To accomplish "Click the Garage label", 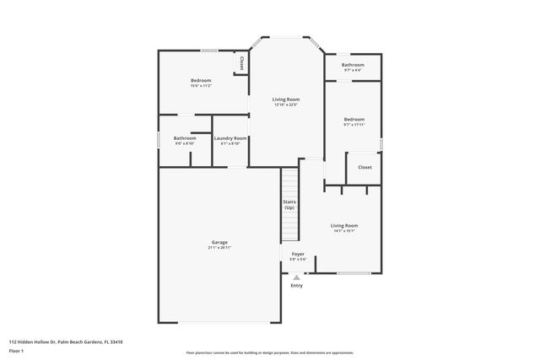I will [x=219, y=242].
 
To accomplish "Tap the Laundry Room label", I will [x=230, y=138].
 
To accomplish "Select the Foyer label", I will [x=298, y=254].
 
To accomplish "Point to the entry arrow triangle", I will [x=296, y=277].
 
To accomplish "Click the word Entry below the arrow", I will [x=296, y=286].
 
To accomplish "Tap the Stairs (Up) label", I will [x=289, y=205].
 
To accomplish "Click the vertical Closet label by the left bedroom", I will [x=241, y=63].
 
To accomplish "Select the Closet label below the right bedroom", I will [x=364, y=167].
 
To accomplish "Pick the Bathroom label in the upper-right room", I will [x=353, y=65].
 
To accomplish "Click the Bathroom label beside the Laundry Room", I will [x=185, y=138].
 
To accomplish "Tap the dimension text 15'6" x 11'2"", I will [x=200, y=86].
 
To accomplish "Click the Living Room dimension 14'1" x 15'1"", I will [x=343, y=232].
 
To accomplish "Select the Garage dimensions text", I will [x=219, y=248].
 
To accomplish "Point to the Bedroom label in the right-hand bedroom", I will [x=354, y=120].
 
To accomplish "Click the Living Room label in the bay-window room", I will [x=286, y=99].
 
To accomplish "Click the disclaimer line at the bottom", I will [x=269, y=353].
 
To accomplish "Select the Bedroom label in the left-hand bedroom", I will [x=200, y=80].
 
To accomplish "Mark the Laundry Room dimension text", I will [x=230, y=144].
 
